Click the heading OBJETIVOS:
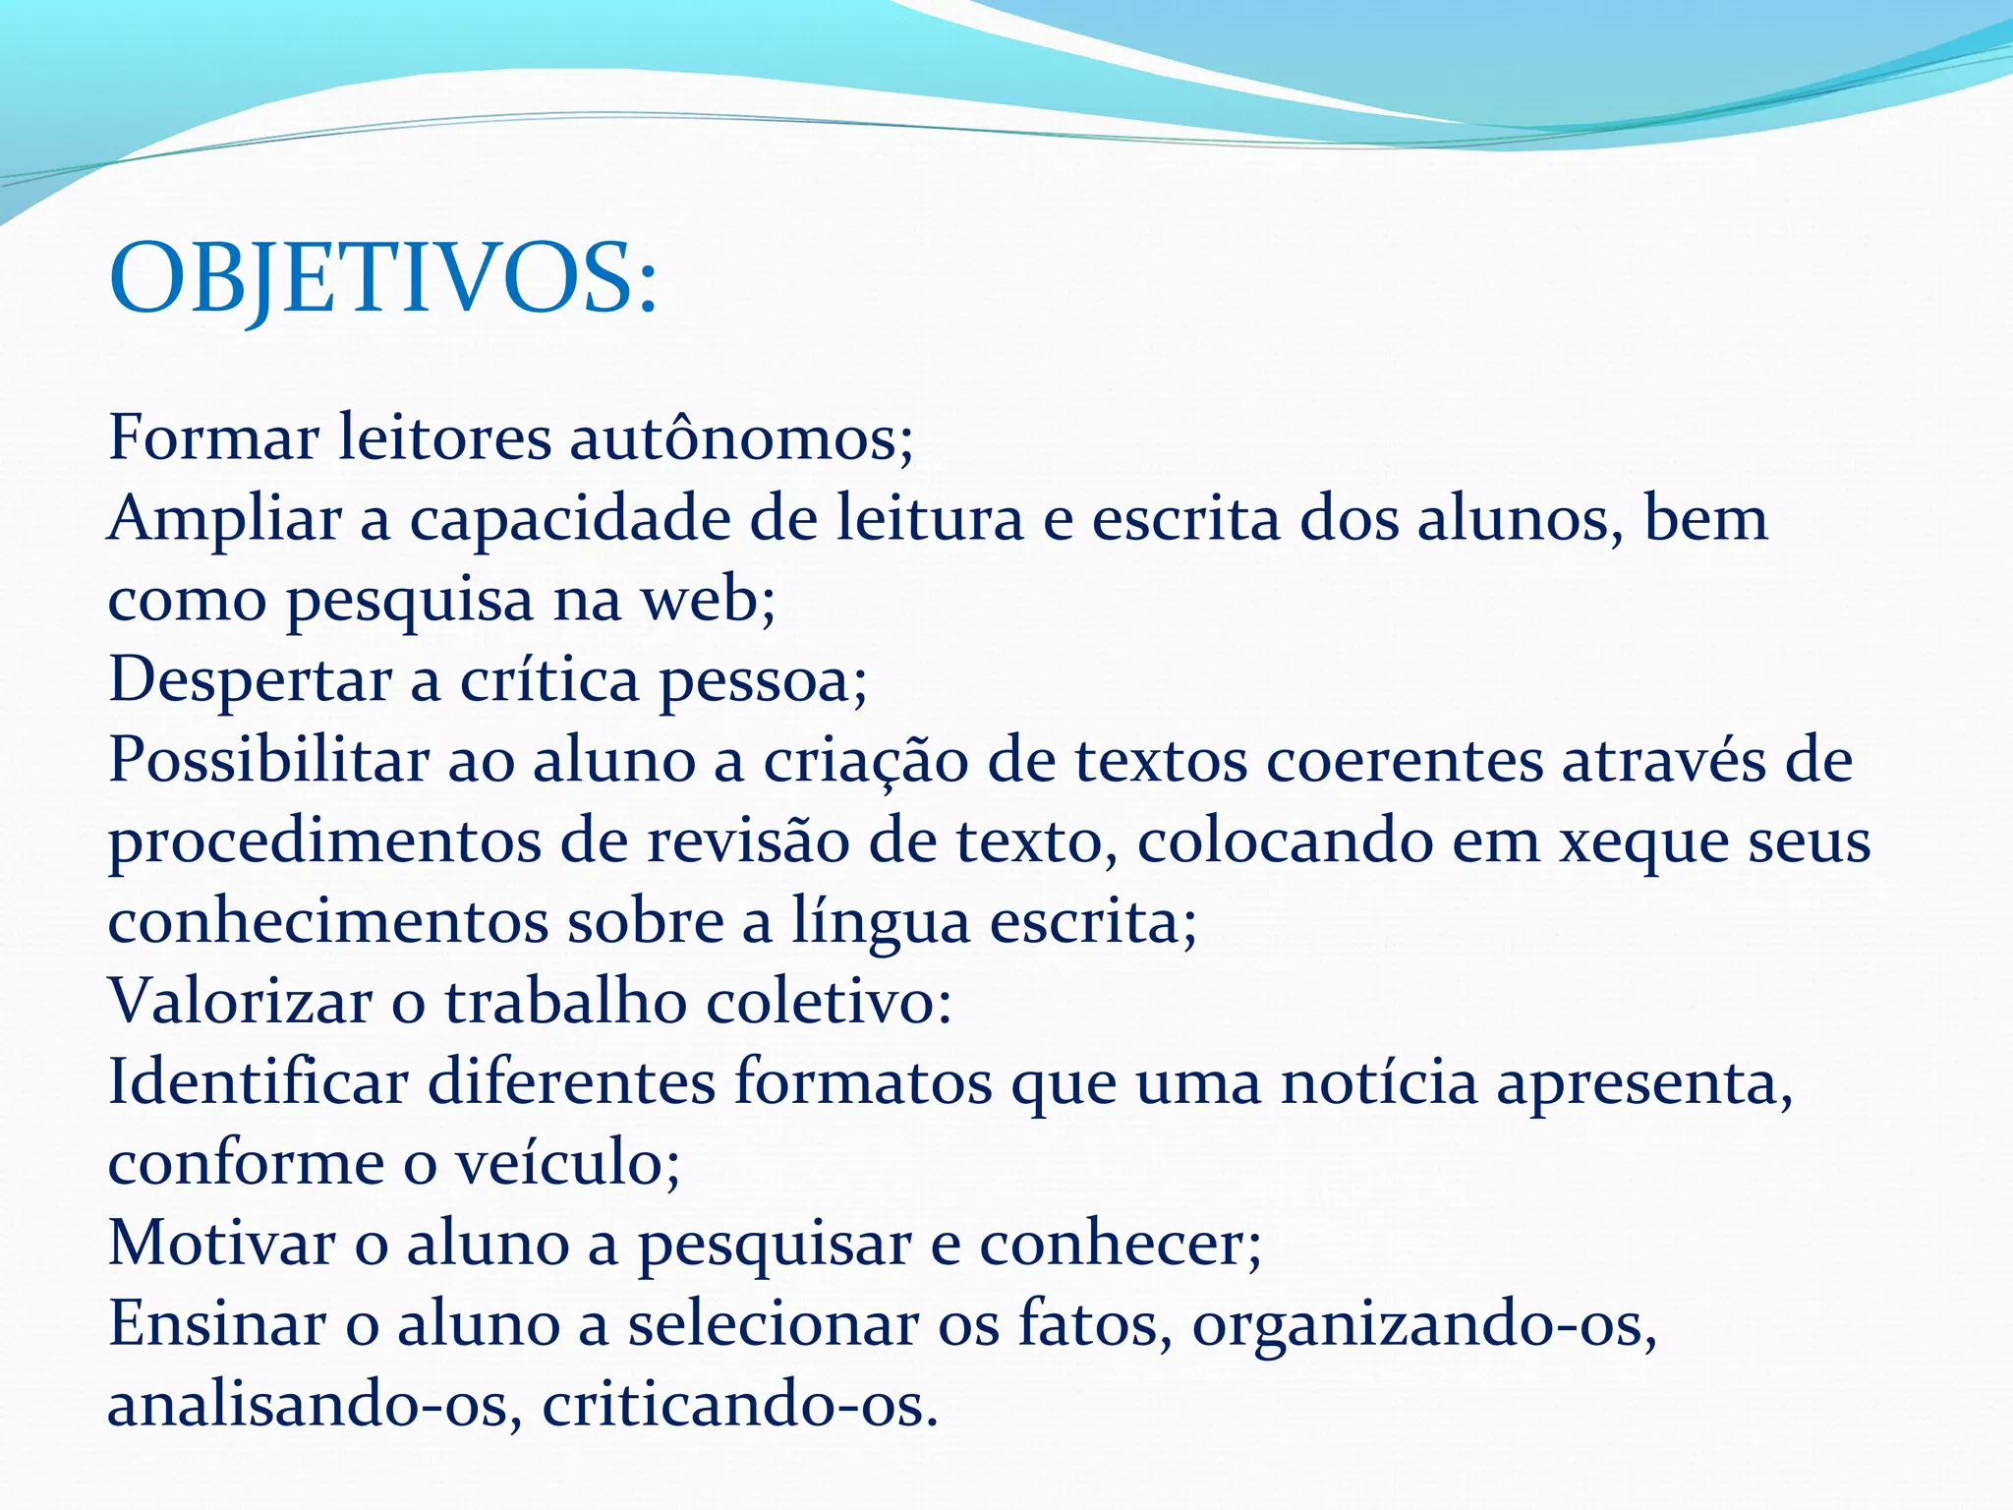click(382, 279)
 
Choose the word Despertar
click(250, 680)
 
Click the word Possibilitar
click(268, 761)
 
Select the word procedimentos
click(324, 843)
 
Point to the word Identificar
click(259, 1083)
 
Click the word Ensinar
click(216, 1325)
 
